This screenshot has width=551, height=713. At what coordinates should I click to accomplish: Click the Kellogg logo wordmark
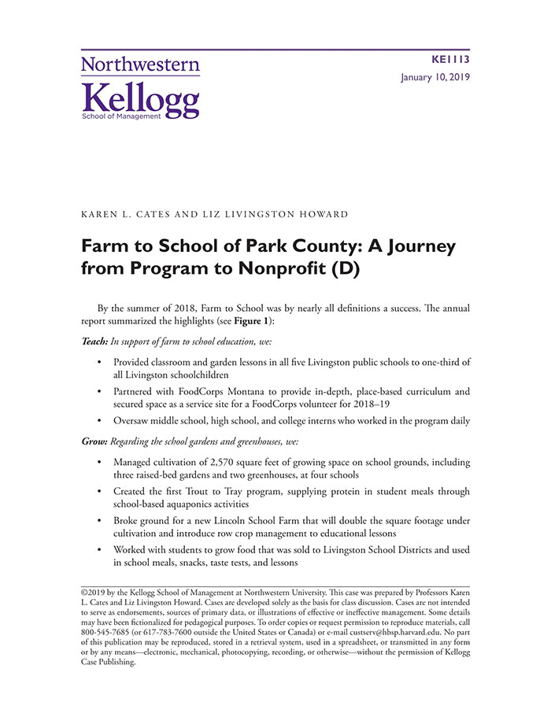[140, 98]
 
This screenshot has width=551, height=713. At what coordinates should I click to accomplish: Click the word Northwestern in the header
[140, 65]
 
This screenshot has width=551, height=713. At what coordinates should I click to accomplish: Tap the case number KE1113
[451, 59]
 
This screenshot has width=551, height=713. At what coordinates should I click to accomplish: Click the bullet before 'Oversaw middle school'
[99, 421]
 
